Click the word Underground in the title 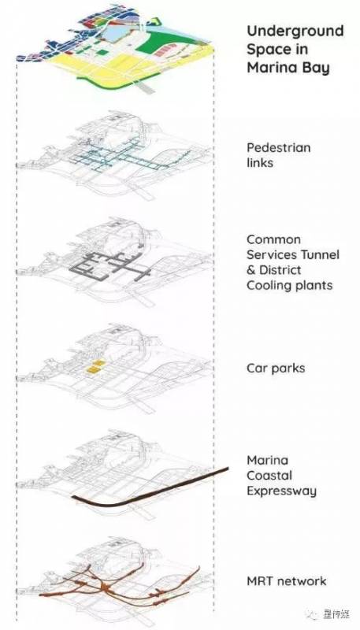click(295, 31)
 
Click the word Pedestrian click(278, 147)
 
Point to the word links click(259, 163)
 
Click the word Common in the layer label click(273, 239)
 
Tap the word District click(280, 270)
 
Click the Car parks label click(276, 369)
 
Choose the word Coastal click(269, 476)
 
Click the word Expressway click(281, 491)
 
